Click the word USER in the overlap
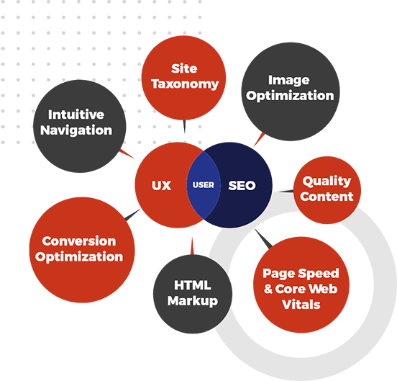(x=204, y=185)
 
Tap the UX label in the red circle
(x=161, y=185)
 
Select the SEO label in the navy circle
(x=242, y=185)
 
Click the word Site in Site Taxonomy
(x=184, y=68)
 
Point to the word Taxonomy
(x=185, y=84)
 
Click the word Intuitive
(x=76, y=115)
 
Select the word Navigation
(x=76, y=130)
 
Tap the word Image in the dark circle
(x=289, y=81)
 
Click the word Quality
(x=327, y=181)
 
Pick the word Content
(x=327, y=197)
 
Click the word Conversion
(x=79, y=241)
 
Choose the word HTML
(x=193, y=285)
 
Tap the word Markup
(x=193, y=301)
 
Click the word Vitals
(x=301, y=305)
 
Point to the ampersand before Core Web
(x=268, y=289)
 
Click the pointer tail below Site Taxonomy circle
(x=184, y=126)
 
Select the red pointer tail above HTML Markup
(x=192, y=246)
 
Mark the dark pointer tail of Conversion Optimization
(x=132, y=215)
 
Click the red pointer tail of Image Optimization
(x=259, y=140)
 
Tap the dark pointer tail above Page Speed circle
(x=263, y=238)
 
